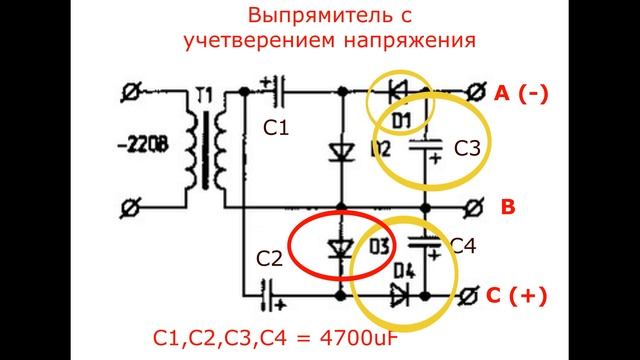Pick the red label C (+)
[520, 296]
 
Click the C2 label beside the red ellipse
[268, 259]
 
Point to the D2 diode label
[378, 149]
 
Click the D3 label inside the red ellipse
[378, 246]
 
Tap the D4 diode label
[404, 270]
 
